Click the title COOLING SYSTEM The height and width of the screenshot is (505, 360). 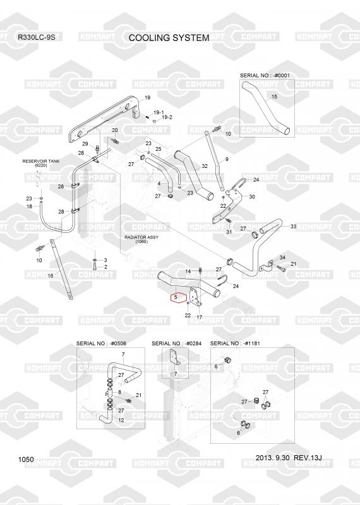169,38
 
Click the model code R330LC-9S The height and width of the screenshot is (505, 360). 37,37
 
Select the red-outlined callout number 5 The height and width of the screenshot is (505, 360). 176,297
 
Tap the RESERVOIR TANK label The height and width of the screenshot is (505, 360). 41,161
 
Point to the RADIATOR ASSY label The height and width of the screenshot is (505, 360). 141,237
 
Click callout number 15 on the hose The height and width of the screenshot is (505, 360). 274,97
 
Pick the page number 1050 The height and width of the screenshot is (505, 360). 26,460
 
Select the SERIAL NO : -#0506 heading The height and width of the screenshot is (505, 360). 101,343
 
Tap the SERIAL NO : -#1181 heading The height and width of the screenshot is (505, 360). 235,343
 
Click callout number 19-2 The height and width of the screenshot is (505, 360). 167,117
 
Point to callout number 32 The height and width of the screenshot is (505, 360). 205,166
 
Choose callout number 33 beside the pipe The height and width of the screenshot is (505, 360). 293,227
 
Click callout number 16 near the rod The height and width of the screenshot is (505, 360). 51,276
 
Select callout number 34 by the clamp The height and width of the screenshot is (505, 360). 282,258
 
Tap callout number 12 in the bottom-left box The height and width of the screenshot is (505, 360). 121,420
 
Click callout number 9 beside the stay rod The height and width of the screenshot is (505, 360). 227,159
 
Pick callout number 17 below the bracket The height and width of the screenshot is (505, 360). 200,318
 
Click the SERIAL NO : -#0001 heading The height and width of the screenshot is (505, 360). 265,75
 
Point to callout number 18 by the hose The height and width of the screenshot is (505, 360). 29,206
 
